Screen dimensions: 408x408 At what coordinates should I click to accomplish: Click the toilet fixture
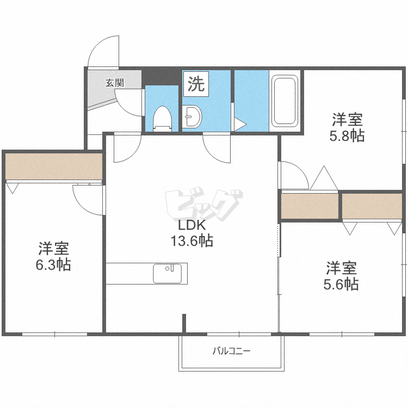pos(162,119)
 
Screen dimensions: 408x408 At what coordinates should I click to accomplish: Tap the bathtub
pos(285,101)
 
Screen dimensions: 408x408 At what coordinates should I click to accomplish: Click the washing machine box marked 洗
pos(196,84)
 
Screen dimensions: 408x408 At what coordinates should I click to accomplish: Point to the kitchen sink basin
pos(168,274)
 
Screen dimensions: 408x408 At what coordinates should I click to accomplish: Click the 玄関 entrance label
pos(114,83)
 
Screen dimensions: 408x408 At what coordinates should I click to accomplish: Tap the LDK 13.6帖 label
pos(192,233)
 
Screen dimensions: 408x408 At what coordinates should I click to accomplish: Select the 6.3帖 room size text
pos(53,264)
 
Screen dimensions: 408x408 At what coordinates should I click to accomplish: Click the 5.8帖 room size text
pos(347,135)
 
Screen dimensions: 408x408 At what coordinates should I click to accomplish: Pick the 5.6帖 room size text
pos(341,284)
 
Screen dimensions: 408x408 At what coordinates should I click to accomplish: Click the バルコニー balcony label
pos(231,351)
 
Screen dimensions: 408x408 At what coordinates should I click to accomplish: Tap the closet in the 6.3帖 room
pos(54,166)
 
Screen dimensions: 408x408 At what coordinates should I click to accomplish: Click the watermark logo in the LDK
pos(204,203)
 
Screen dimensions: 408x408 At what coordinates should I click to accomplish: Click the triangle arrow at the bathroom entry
pos(240,125)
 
